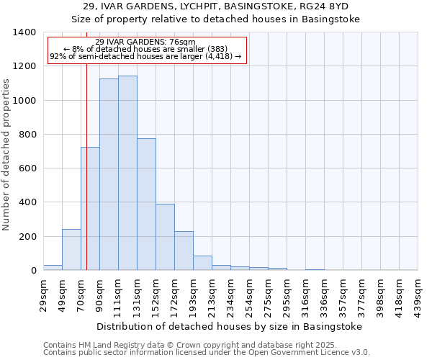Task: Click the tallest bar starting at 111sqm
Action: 127,173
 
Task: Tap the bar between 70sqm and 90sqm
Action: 90,209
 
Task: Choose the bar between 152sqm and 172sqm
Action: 165,237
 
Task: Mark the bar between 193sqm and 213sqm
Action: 202,263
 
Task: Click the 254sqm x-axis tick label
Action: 249,295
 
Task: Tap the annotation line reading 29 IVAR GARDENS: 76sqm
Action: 146,42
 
